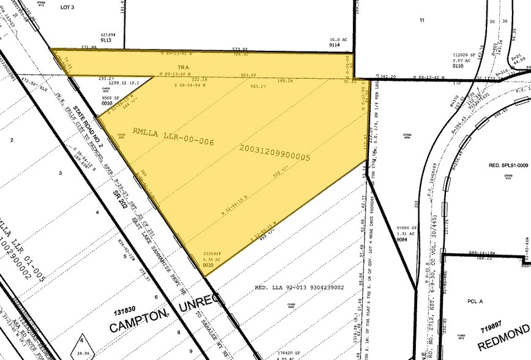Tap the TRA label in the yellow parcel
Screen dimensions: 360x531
click(x=181, y=66)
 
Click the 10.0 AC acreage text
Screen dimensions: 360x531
click(x=335, y=40)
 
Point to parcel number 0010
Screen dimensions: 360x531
click(x=108, y=103)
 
